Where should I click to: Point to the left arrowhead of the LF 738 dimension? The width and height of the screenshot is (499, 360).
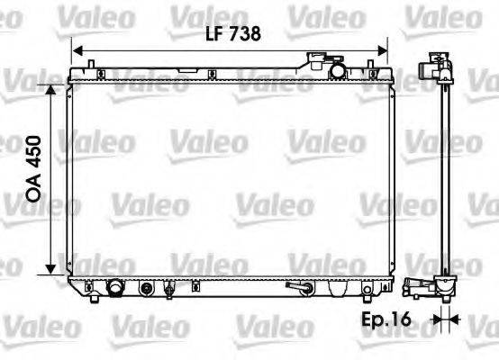tap(77, 50)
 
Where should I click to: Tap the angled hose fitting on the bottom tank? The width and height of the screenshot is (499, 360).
tap(298, 288)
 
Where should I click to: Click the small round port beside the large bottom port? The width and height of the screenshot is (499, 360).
tap(148, 289)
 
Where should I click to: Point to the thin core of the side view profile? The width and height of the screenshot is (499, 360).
tap(441, 180)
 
